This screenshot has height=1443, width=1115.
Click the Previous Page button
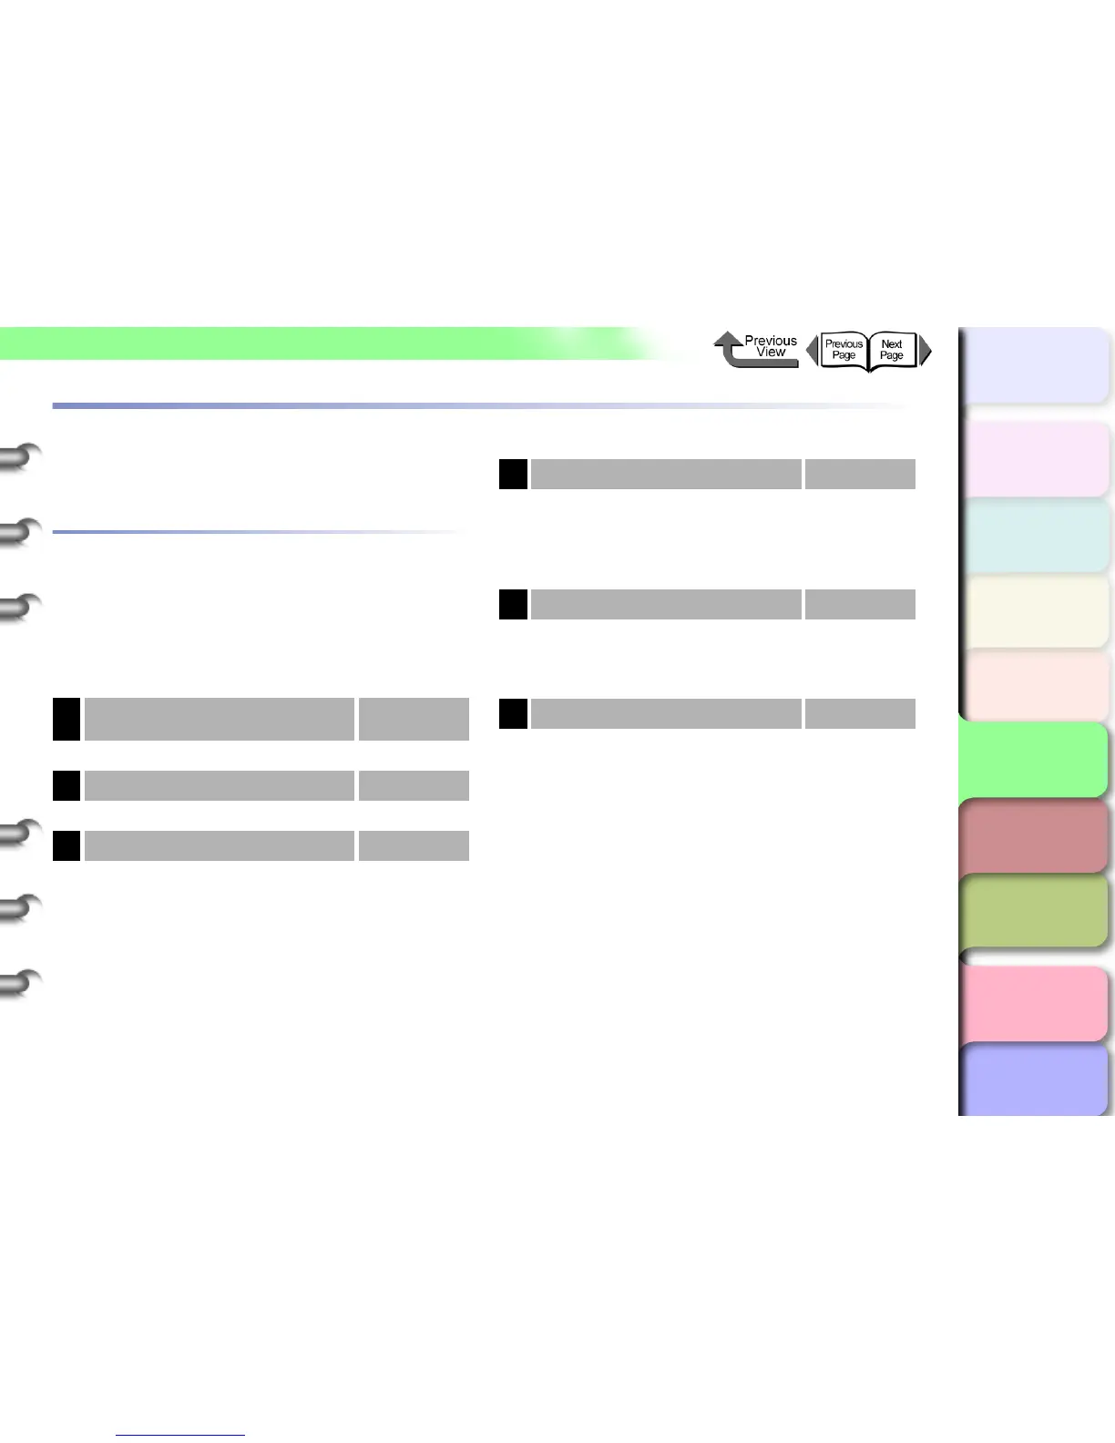click(x=844, y=350)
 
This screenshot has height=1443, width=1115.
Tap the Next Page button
click(x=892, y=350)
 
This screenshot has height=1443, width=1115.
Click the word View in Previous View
click(x=771, y=353)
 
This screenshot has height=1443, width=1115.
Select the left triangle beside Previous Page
click(x=812, y=351)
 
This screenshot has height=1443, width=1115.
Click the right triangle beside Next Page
click(x=926, y=351)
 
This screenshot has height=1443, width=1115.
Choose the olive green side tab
click(x=1034, y=911)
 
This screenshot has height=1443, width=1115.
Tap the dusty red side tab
click(x=1034, y=835)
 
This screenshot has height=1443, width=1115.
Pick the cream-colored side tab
click(x=1034, y=611)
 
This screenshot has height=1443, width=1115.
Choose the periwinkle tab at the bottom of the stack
click(x=1034, y=1080)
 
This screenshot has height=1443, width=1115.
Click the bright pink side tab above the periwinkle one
click(x=1034, y=1003)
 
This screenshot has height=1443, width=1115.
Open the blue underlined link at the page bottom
click(x=180, y=1434)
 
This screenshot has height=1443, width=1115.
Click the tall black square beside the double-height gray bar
click(x=66, y=719)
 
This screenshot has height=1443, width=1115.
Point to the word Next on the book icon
click(x=892, y=344)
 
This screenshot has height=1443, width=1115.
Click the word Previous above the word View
click(x=771, y=341)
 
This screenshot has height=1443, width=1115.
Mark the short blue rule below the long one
click(x=260, y=532)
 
